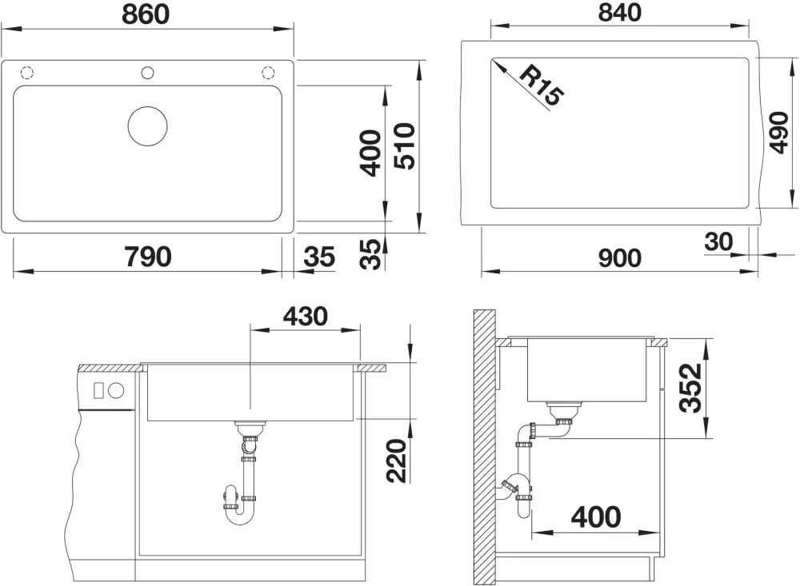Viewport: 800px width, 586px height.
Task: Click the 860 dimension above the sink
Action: click(x=147, y=14)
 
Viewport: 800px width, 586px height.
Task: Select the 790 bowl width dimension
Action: click(x=148, y=256)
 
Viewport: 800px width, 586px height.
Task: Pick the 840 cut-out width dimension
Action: click(x=619, y=14)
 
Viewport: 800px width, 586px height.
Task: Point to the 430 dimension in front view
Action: click(x=304, y=316)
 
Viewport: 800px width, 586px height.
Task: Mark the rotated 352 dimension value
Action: click(x=689, y=388)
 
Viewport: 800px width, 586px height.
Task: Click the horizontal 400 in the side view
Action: click(x=596, y=516)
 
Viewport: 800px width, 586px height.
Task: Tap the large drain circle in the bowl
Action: click(x=147, y=126)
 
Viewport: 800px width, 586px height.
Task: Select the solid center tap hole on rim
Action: click(x=147, y=73)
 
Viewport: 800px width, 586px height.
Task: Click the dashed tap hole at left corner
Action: click(x=26, y=73)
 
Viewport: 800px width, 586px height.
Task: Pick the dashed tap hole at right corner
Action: click(x=268, y=73)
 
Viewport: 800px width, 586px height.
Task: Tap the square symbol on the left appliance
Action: click(x=99, y=391)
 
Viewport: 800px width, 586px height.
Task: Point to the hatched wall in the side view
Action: click(x=483, y=448)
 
